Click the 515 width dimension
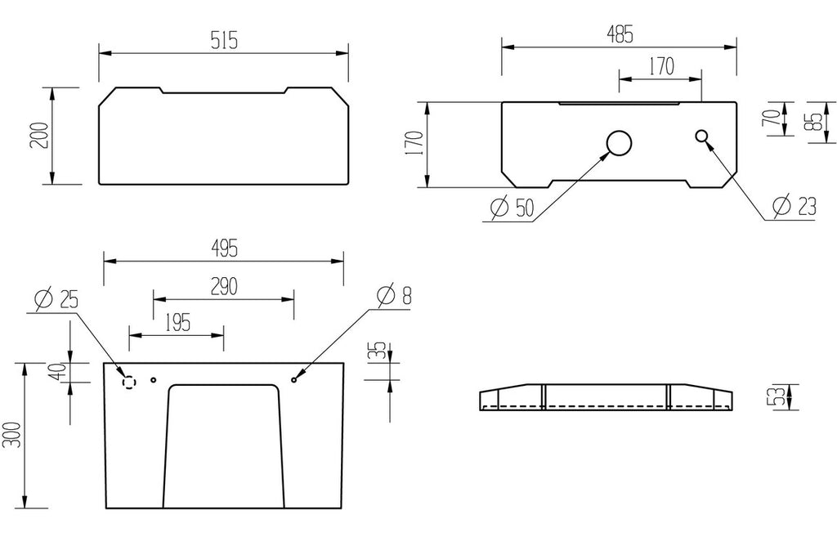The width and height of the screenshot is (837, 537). point(224,41)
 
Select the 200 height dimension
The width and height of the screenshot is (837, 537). point(42,136)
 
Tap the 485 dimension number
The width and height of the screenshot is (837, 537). point(620,34)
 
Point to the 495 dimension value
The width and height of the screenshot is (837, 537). point(224,248)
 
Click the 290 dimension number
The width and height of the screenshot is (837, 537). point(224,287)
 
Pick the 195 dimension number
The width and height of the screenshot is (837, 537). point(177,322)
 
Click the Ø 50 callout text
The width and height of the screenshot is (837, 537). point(512,207)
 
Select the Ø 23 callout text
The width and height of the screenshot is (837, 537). point(794,206)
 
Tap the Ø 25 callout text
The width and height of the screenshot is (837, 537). point(56,299)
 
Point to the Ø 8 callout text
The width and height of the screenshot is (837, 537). point(395,295)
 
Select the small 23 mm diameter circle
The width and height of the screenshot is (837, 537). point(701,136)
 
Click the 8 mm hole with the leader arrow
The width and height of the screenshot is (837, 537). point(293,379)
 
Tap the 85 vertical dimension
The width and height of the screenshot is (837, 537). point(815,122)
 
